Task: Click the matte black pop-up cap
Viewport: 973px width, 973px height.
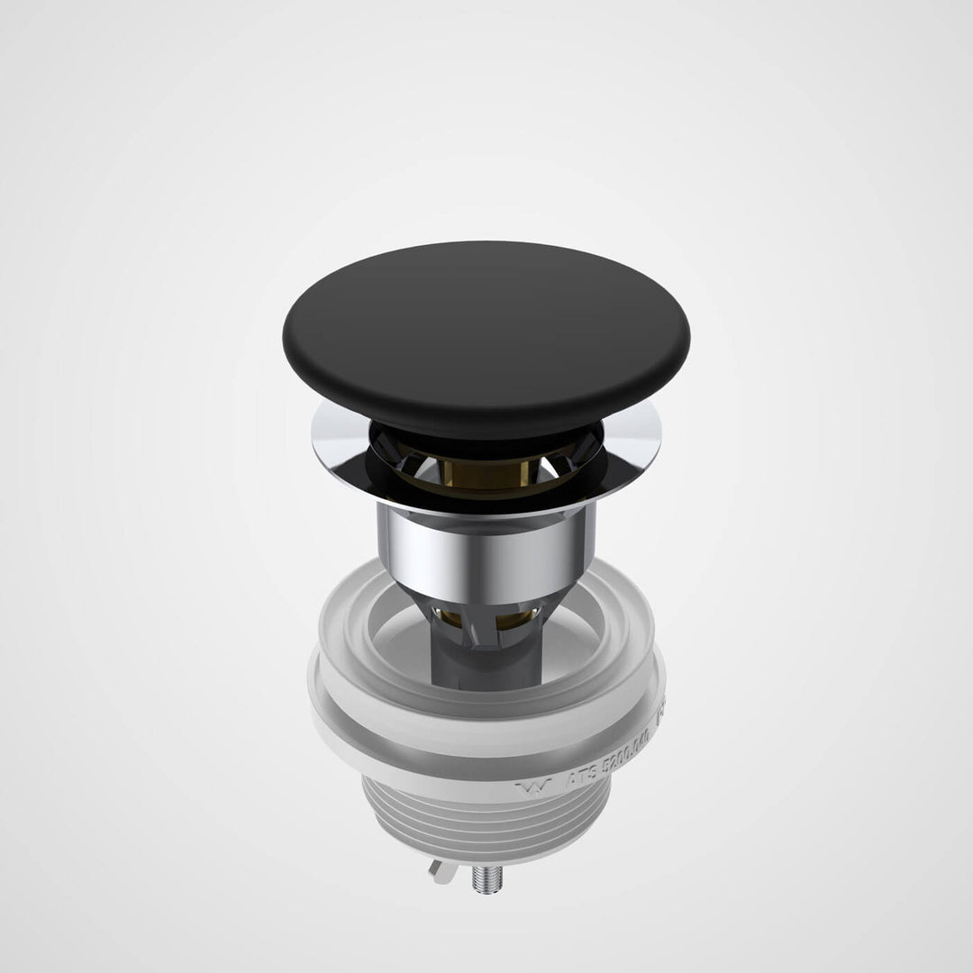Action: (486, 329)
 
